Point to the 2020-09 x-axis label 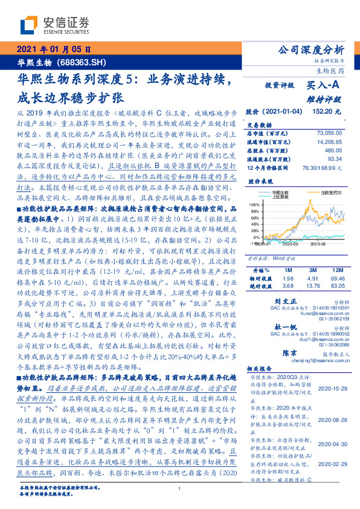pos(318,243)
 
